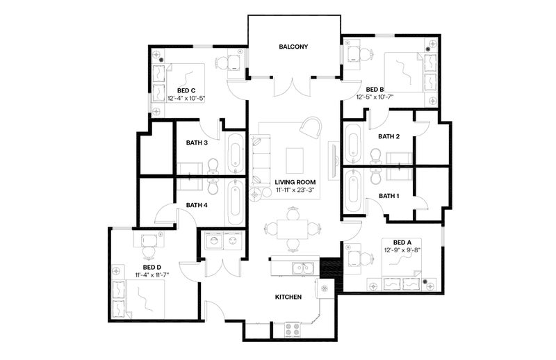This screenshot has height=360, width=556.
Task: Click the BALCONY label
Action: (x=293, y=47)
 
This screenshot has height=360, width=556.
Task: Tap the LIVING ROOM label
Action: (x=295, y=182)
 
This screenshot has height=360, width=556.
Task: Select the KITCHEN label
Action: (x=288, y=297)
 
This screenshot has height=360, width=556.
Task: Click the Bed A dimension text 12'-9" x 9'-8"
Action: (x=402, y=250)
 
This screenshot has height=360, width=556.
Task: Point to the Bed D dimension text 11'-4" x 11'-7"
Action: (x=152, y=275)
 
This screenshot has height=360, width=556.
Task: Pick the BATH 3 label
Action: (x=197, y=143)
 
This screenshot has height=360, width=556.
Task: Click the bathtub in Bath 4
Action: (x=235, y=202)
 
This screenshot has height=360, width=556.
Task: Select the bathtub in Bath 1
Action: (x=353, y=190)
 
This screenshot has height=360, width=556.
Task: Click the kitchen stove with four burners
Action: (x=293, y=329)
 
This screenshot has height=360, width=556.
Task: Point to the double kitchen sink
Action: (x=303, y=268)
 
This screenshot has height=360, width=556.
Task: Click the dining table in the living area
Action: (x=292, y=229)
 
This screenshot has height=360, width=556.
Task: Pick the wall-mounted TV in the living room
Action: (x=334, y=161)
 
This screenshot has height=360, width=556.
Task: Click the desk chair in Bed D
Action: (x=148, y=252)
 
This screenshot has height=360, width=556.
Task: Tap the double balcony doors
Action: (x=292, y=87)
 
